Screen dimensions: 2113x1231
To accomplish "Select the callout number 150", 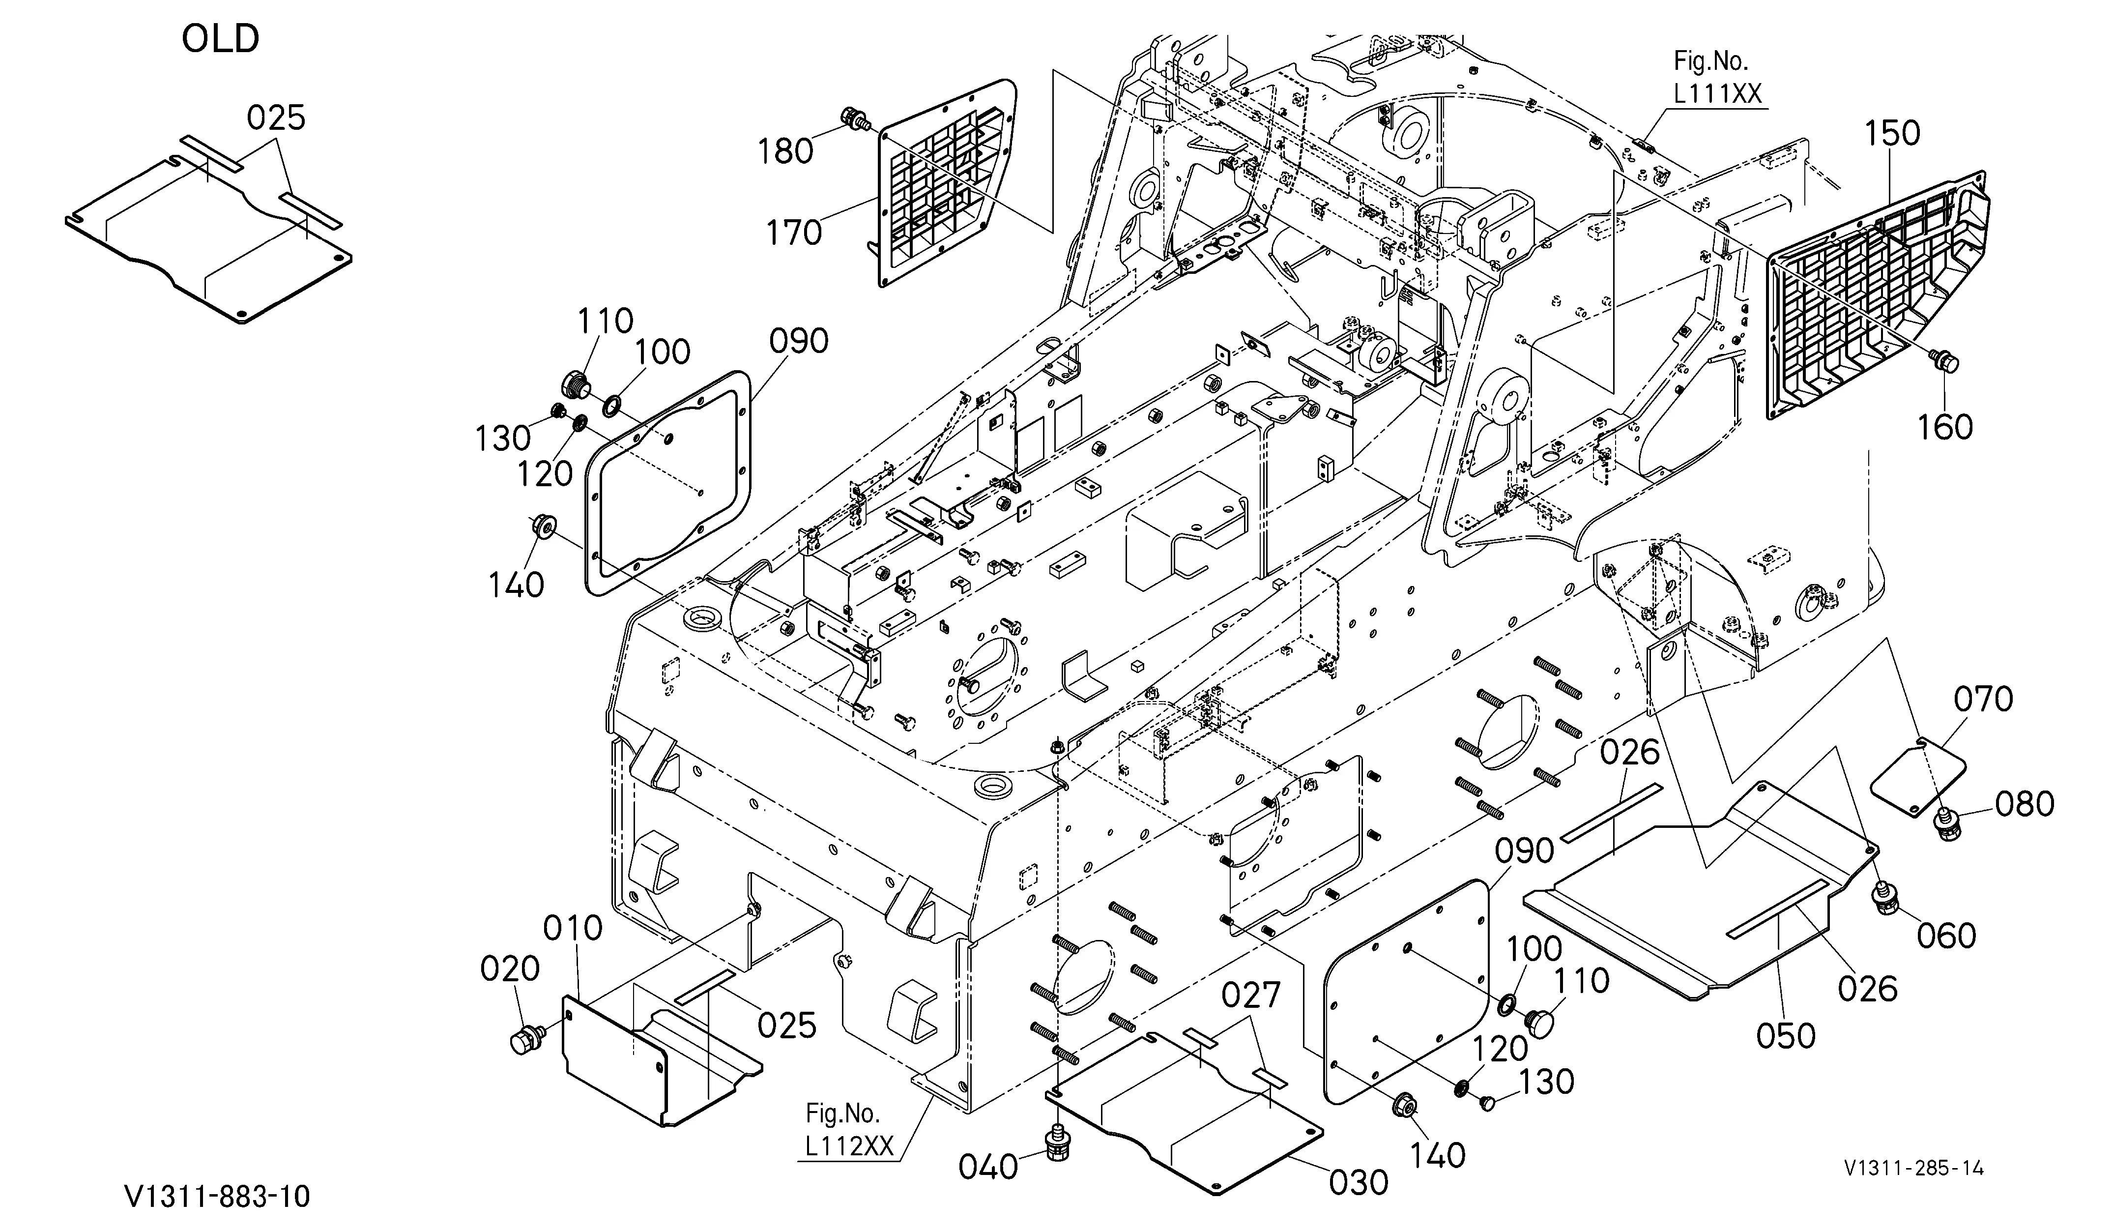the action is point(1892,133).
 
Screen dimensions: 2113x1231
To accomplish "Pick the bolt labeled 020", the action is point(526,1038).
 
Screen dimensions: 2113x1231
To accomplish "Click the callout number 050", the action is point(1786,1036).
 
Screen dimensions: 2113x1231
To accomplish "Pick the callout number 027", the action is point(1251,996).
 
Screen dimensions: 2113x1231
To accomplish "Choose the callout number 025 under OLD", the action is point(276,118).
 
